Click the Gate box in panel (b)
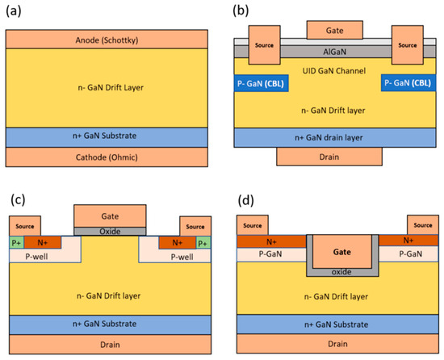(334, 30)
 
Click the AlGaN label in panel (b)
(334, 50)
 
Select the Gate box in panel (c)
(110, 216)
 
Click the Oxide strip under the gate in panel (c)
(110, 231)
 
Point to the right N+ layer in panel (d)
(408, 240)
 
